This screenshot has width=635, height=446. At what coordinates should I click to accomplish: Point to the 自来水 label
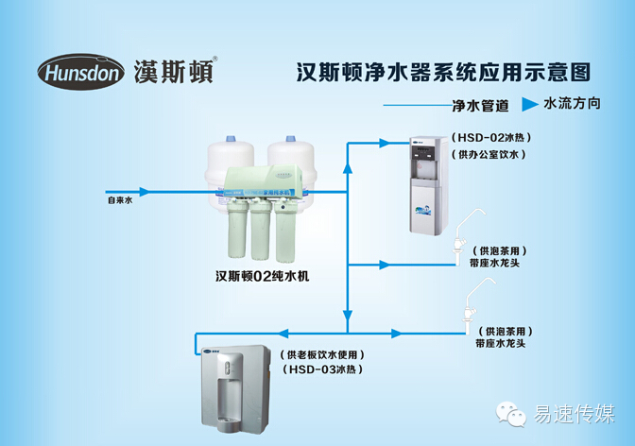tap(120, 201)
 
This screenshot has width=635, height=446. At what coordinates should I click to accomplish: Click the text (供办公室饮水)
tap(488, 154)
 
